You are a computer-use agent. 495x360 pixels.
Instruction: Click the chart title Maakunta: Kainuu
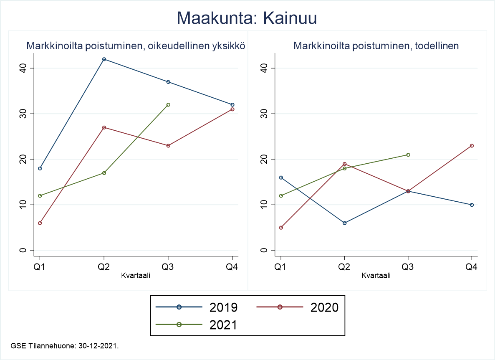(247, 18)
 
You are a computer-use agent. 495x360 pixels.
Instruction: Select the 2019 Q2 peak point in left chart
(104, 59)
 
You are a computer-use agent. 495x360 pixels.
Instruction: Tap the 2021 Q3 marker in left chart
(168, 105)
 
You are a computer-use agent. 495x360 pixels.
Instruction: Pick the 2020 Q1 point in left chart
(40, 223)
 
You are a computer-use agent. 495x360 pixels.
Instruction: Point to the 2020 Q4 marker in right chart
(472, 146)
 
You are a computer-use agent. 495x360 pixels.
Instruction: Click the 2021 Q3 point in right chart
(408, 155)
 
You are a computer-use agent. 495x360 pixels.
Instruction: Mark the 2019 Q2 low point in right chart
(344, 223)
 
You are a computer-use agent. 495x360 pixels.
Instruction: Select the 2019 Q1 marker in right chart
(281, 177)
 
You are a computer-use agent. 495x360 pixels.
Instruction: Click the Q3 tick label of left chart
(168, 267)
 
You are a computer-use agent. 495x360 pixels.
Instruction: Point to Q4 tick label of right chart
(472, 267)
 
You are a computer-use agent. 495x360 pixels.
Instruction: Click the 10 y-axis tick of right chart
(264, 205)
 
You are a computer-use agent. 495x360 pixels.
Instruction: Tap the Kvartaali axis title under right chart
(376, 276)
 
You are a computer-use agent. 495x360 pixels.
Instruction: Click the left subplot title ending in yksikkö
(136, 46)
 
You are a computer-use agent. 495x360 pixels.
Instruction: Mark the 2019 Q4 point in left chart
(232, 105)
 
